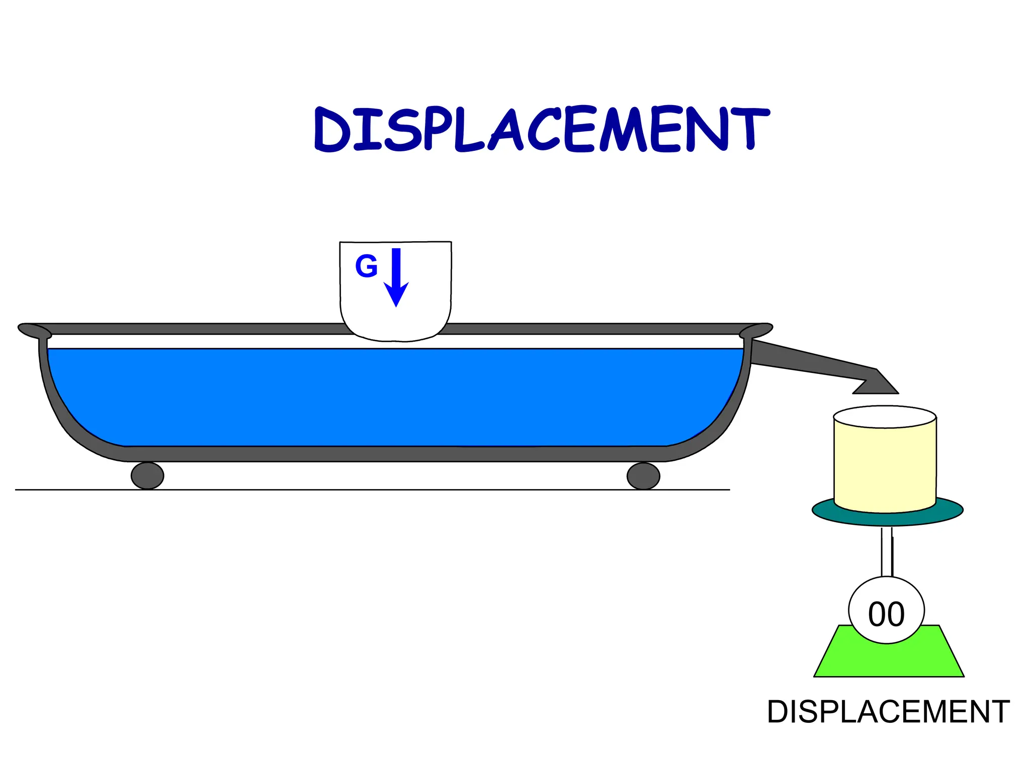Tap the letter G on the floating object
tap(366, 266)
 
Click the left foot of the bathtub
tap(147, 475)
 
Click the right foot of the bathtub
tap(643, 475)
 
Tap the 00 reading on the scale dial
tap(886, 614)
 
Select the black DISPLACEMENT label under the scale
tap(888, 712)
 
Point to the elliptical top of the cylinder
tap(885, 417)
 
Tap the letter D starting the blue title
tap(332, 131)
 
